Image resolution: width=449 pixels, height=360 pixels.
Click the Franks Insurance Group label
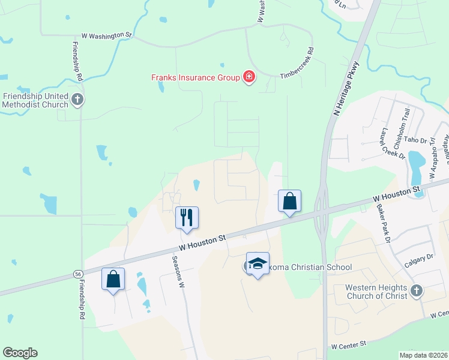click(194, 77)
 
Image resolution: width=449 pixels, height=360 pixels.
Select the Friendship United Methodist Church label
click(35, 100)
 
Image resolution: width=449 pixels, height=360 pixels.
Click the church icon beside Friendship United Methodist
click(77, 100)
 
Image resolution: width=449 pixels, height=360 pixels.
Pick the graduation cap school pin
click(258, 263)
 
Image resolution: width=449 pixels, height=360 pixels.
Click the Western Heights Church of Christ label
click(376, 292)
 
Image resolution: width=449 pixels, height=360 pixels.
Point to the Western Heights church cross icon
click(417, 292)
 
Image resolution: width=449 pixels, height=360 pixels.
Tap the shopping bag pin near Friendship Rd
click(113, 279)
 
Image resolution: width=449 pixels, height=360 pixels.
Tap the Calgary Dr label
click(418, 256)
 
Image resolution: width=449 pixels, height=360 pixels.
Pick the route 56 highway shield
click(78, 273)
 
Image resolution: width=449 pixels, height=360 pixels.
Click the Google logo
click(20, 353)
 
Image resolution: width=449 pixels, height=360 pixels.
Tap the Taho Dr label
click(415, 140)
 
